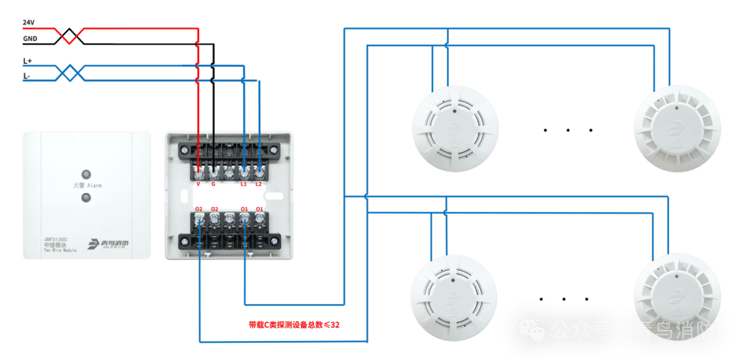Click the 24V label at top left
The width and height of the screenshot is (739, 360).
click(x=28, y=23)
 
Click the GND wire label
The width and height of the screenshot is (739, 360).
click(x=29, y=39)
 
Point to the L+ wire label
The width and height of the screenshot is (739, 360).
click(x=27, y=62)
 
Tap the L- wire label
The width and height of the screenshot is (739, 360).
click(x=27, y=77)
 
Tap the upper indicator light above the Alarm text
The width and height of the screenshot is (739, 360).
click(x=86, y=173)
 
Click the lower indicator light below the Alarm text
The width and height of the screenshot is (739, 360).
click(x=86, y=198)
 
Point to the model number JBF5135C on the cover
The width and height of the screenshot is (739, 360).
click(x=55, y=239)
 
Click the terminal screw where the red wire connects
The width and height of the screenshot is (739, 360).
click(x=198, y=168)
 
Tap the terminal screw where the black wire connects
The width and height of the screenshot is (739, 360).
click(x=213, y=168)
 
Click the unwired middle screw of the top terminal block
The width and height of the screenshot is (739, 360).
click(x=229, y=168)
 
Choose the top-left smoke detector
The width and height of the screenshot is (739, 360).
click(x=454, y=129)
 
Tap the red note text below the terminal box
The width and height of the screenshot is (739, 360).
click(x=292, y=324)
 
